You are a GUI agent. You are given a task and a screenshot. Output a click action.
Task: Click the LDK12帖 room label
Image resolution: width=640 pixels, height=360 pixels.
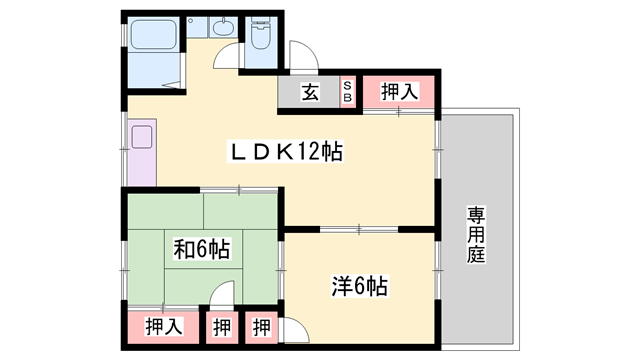[287, 152]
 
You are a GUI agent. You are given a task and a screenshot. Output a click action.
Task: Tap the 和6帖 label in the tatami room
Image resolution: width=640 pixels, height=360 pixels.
[202, 249]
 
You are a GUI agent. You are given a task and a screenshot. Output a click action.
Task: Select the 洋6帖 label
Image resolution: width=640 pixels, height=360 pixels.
[359, 286]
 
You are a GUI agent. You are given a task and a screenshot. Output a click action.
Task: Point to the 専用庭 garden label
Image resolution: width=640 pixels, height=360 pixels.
[476, 235]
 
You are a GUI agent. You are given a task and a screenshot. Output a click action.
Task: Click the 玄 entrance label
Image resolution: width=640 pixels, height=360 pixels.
[310, 92]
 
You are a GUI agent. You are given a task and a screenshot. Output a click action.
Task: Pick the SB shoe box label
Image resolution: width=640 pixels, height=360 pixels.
[347, 92]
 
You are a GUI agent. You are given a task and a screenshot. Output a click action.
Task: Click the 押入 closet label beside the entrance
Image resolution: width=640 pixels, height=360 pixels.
[400, 91]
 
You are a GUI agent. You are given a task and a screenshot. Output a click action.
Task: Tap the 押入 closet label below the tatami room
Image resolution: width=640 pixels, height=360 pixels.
[164, 327]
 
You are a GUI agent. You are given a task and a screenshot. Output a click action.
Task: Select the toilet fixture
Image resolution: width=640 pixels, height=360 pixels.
[260, 32]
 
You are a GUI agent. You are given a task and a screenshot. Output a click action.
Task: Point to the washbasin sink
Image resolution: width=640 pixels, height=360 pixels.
[223, 28]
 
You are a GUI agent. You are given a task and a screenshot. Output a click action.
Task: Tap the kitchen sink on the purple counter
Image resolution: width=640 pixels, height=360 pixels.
[142, 137]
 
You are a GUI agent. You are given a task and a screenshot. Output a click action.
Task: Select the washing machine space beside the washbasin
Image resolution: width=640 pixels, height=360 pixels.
[197, 28]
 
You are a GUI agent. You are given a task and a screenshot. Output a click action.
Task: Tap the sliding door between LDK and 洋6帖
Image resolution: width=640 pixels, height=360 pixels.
[359, 230]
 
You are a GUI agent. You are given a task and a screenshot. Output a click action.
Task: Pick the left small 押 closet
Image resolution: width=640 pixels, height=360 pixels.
[222, 327]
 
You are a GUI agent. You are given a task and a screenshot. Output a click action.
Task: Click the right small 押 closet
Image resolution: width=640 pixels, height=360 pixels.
[261, 327]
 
